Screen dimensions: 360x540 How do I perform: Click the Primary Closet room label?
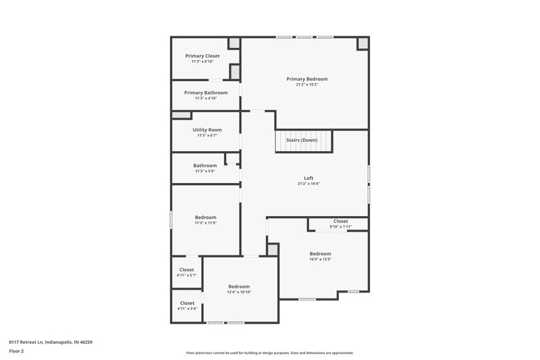202,56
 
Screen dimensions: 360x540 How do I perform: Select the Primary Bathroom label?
206,93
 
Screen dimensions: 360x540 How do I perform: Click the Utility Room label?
207,130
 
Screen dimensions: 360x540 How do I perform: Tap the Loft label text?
308,178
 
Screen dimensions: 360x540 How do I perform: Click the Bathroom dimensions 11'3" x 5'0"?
205,171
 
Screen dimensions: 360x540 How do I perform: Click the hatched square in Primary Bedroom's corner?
362,43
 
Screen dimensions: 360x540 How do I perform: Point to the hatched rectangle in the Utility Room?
182,115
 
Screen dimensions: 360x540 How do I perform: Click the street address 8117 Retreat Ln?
51,342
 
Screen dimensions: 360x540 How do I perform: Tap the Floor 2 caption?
16,352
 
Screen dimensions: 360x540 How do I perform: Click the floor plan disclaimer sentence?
270,353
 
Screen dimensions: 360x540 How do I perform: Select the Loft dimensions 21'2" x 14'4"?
308,184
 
